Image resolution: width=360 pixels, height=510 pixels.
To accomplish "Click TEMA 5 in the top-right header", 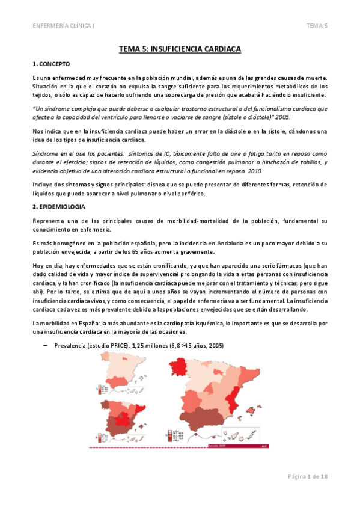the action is (317, 25).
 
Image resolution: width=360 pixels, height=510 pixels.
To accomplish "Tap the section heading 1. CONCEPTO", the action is (52, 63).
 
